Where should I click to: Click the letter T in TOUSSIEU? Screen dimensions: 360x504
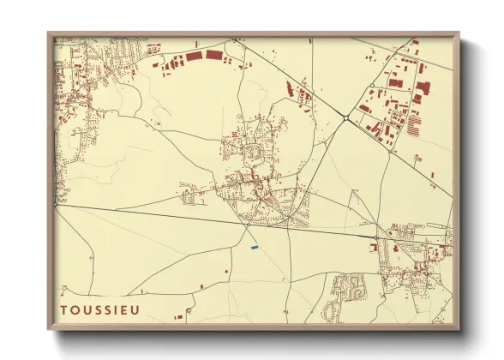click(63, 308)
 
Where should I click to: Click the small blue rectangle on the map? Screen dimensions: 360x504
click(254, 248)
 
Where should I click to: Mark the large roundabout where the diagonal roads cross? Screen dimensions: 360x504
click(345, 119)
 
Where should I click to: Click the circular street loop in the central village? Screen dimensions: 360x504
click(254, 153)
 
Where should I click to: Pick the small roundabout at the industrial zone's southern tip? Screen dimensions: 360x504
click(393, 152)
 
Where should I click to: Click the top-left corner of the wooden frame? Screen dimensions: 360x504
click(48, 33)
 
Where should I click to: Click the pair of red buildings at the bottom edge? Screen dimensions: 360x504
click(179, 318)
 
